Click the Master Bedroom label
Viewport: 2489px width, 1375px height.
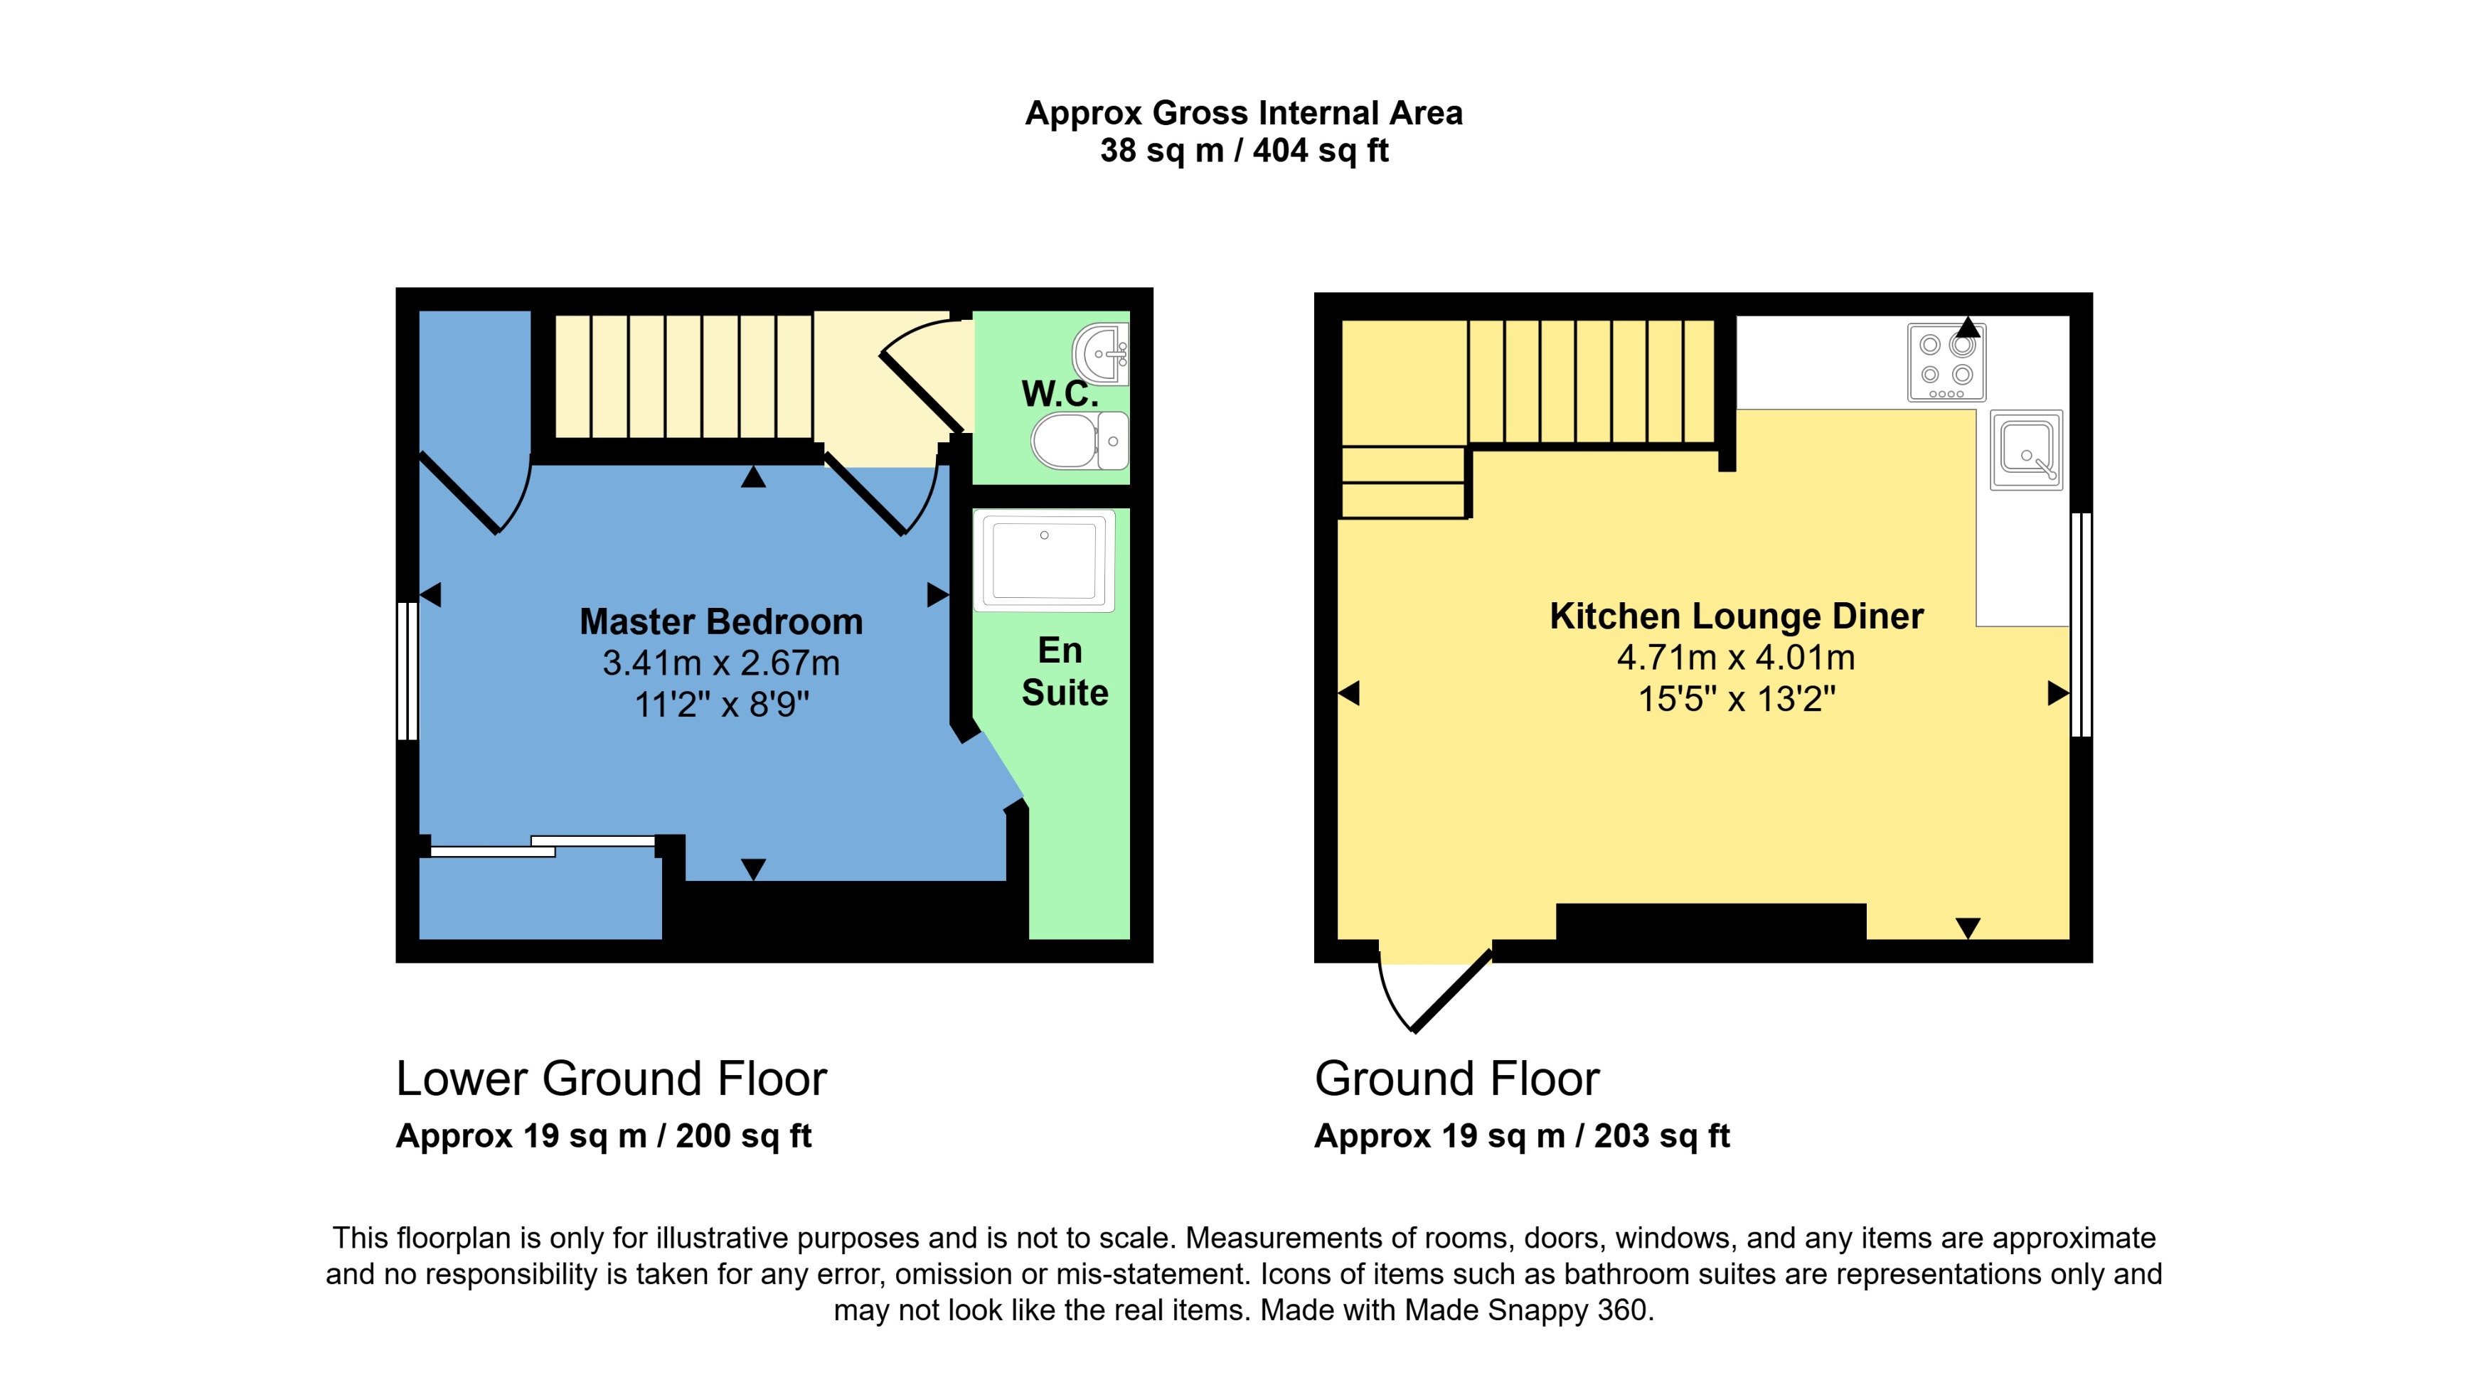pos(721,621)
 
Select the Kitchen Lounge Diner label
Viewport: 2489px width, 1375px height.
pos(1737,616)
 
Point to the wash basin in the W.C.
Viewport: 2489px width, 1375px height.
pos(1102,353)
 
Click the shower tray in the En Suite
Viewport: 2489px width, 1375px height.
pos(1045,560)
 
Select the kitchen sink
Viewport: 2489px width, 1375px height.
pos(2026,449)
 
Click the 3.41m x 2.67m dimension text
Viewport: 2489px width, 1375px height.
pos(721,663)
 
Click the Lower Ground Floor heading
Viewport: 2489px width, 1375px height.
pos(611,1079)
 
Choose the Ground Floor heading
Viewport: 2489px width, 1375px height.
pos(1456,1079)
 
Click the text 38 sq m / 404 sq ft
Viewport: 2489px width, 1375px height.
pos(1244,151)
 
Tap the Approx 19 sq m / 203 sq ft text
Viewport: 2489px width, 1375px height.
pos(1522,1135)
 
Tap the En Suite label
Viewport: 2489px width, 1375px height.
pos(1064,672)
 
